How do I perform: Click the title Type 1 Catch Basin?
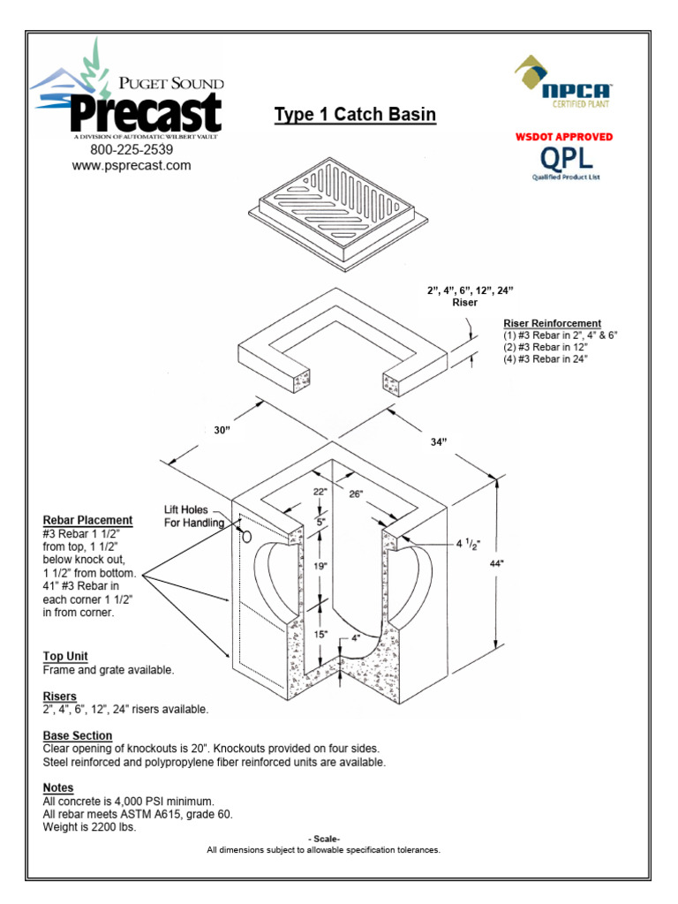[355, 115]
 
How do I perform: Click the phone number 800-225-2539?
[132, 149]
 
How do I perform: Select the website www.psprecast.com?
[132, 165]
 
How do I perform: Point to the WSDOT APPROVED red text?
[563, 137]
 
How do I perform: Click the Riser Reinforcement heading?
[552, 324]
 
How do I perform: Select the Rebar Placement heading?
[87, 521]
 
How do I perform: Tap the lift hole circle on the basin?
[246, 536]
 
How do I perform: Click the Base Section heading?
[78, 735]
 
